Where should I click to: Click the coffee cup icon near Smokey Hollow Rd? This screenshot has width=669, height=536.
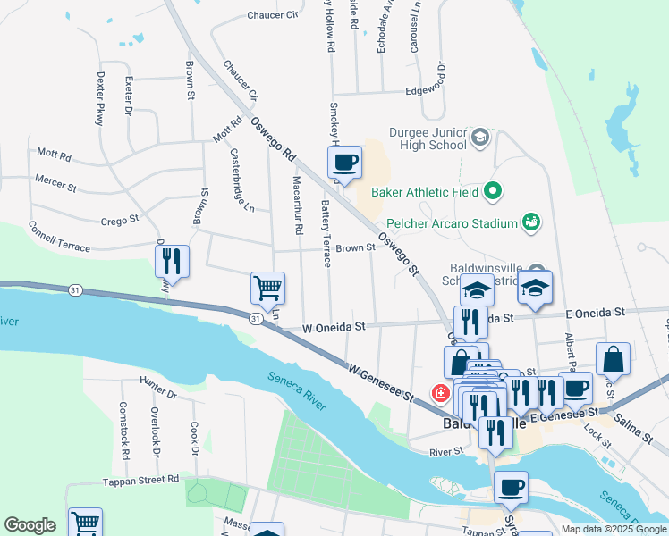coord(344,163)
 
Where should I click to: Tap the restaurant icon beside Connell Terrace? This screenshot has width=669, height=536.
coord(172,262)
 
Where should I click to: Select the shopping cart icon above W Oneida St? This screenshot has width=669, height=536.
coord(267,289)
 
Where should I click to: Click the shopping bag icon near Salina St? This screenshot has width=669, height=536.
coord(613,359)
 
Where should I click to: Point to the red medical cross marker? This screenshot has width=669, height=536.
coord(440,393)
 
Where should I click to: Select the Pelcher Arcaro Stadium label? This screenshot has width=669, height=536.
coord(453,223)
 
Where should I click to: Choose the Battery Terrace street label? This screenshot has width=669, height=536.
coord(326,233)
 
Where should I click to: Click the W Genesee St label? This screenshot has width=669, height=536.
coord(381,381)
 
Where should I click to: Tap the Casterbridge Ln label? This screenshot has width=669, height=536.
coord(243,180)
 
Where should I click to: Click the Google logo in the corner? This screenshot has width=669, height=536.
coord(30,525)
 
